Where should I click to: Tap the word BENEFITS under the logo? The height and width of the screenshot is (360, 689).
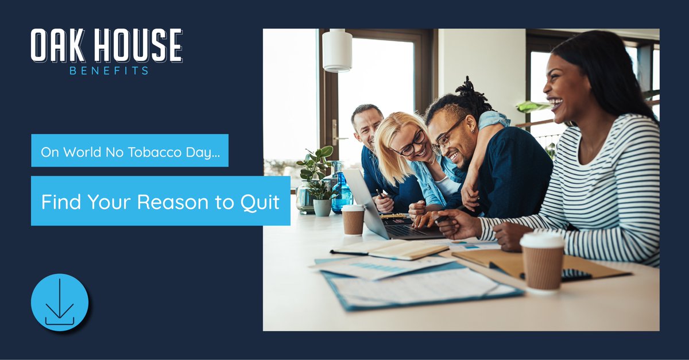pyautogui.click(x=109, y=71)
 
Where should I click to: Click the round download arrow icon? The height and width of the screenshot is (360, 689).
pyautogui.click(x=60, y=302)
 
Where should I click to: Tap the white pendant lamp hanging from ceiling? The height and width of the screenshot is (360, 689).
pyautogui.click(x=337, y=52)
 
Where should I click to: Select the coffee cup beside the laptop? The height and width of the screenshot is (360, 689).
pyautogui.click(x=353, y=219)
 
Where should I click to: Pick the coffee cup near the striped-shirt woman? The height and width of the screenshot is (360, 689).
pyautogui.click(x=542, y=261)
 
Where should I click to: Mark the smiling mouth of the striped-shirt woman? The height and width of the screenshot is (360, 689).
pyautogui.click(x=556, y=103)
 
